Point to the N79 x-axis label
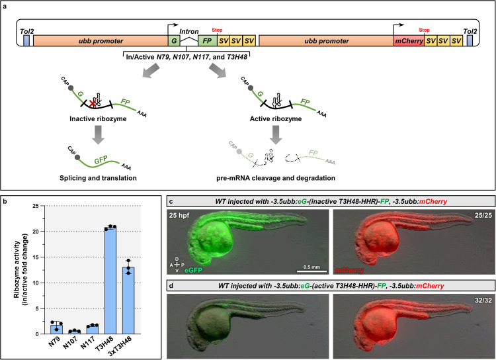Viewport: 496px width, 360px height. pos(44,344)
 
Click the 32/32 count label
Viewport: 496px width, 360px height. pos(478,279)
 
